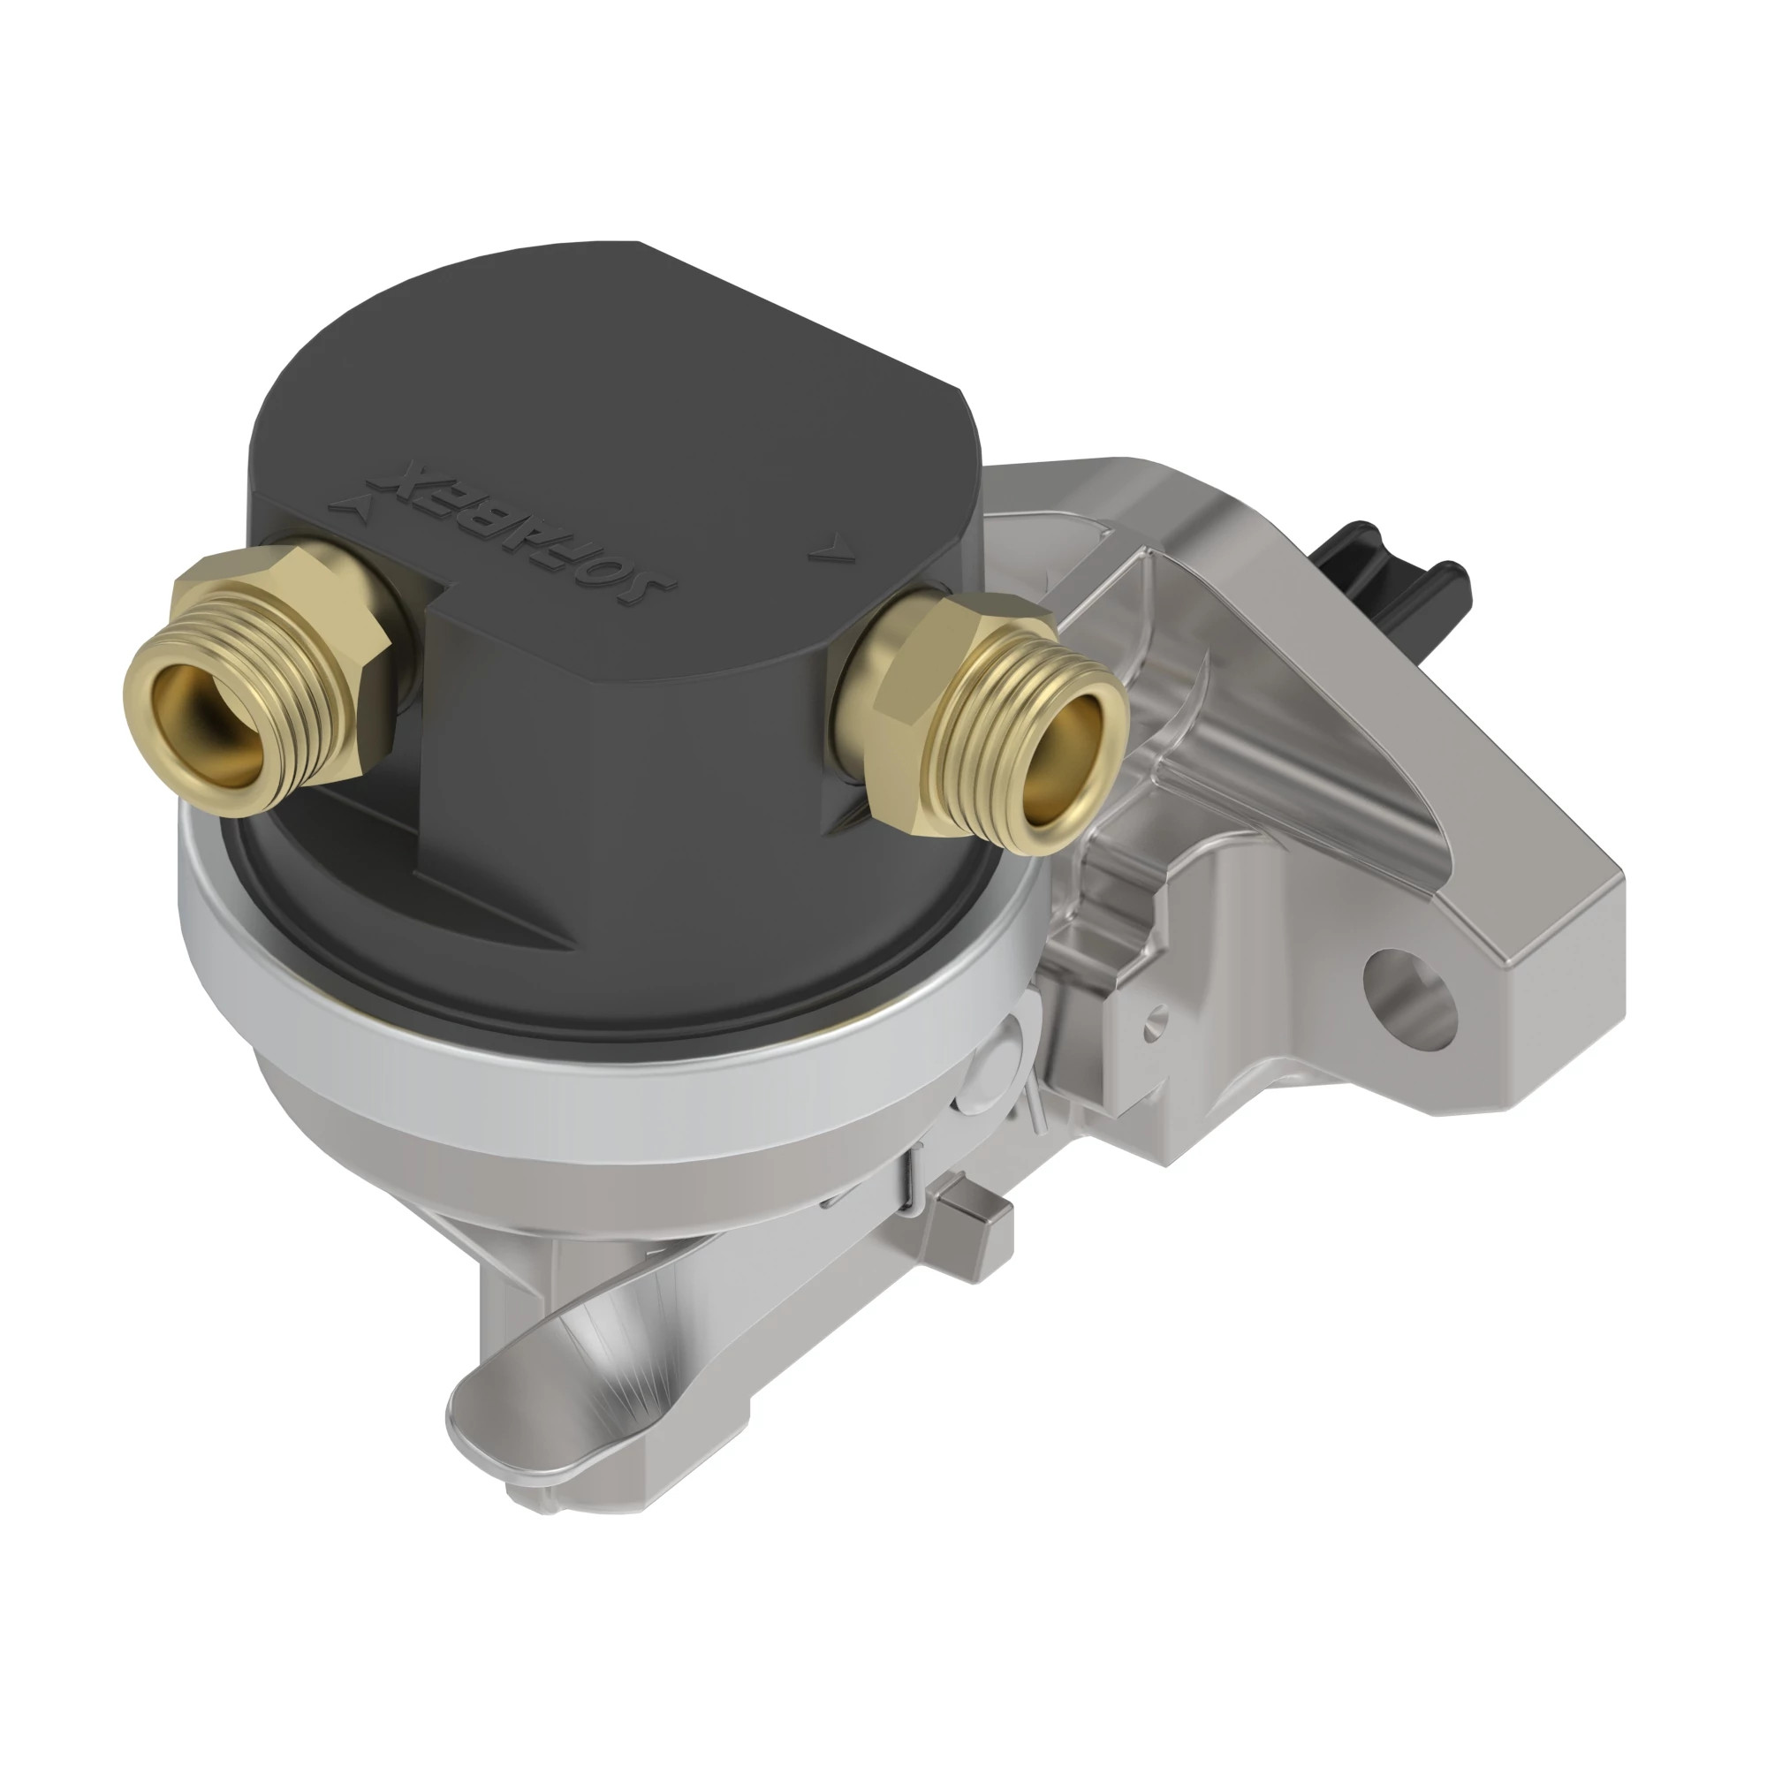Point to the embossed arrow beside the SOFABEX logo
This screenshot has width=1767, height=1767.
(x=350, y=501)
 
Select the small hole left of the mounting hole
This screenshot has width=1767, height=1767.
(x=1160, y=1014)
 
